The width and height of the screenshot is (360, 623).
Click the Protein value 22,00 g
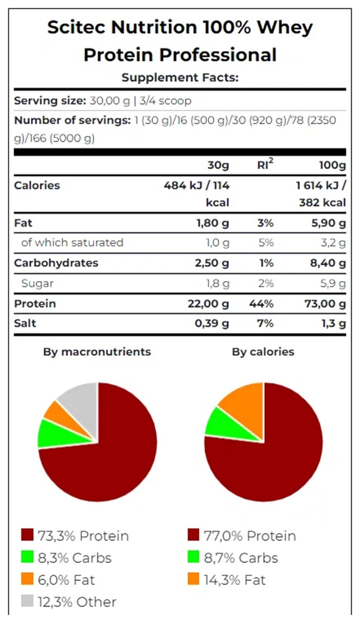208,304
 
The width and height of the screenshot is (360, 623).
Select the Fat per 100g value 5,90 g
325,224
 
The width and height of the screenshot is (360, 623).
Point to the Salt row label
25,323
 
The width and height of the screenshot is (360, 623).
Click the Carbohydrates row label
56,263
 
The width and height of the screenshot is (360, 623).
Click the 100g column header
332,166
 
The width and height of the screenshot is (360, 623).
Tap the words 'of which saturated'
72,243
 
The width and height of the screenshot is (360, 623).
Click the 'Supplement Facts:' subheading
180,78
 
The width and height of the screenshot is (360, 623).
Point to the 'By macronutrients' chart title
97,352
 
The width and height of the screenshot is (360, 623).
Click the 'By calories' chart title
263,352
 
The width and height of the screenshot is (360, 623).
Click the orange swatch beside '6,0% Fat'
27,580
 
